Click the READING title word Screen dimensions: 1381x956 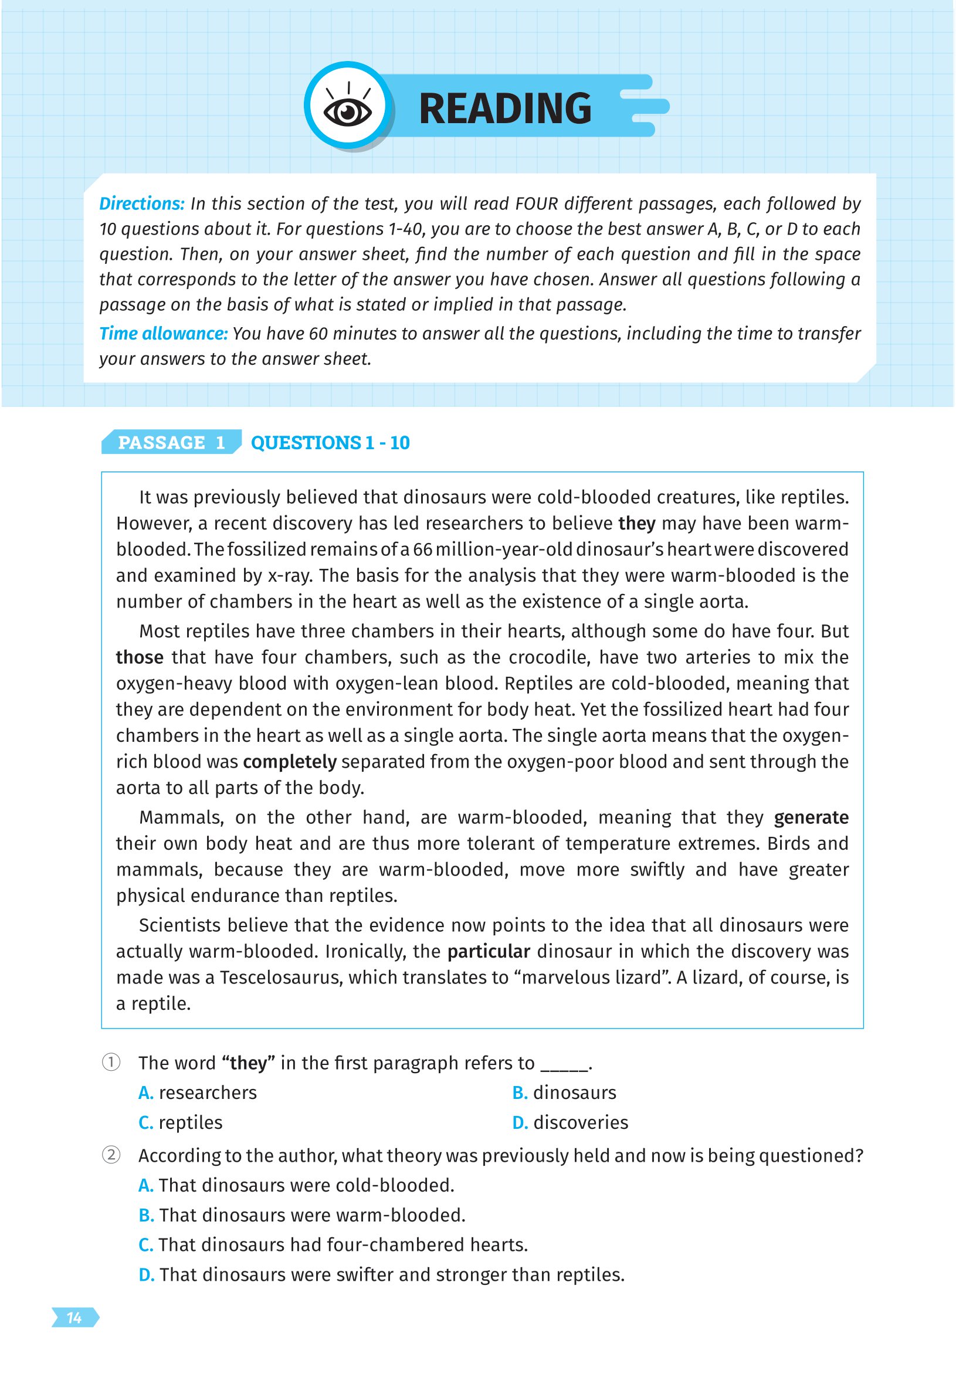pyautogui.click(x=505, y=108)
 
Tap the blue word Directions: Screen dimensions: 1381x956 pyautogui.click(x=141, y=203)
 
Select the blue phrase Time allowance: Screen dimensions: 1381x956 pyautogui.click(x=163, y=334)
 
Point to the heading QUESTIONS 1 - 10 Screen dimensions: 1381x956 pyautogui.click(x=330, y=443)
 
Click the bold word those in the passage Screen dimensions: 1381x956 pyautogui.click(x=140, y=657)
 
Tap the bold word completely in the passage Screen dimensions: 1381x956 pyautogui.click(x=289, y=762)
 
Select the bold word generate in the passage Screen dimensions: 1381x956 pyautogui.click(x=811, y=817)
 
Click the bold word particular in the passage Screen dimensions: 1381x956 pyautogui.click(x=488, y=952)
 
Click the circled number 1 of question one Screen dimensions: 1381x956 pyautogui.click(x=111, y=1063)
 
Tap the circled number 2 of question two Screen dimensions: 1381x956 pyautogui.click(x=111, y=1155)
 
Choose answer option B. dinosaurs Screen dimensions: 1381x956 pyautogui.click(x=564, y=1093)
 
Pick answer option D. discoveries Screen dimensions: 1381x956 pyautogui.click(x=570, y=1122)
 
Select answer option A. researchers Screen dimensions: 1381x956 pyautogui.click(x=198, y=1093)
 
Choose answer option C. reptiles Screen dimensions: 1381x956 pyautogui.click(x=180, y=1122)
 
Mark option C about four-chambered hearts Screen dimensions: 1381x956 pyautogui.click(x=333, y=1245)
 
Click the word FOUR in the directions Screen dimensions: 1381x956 pyautogui.click(x=536, y=203)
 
